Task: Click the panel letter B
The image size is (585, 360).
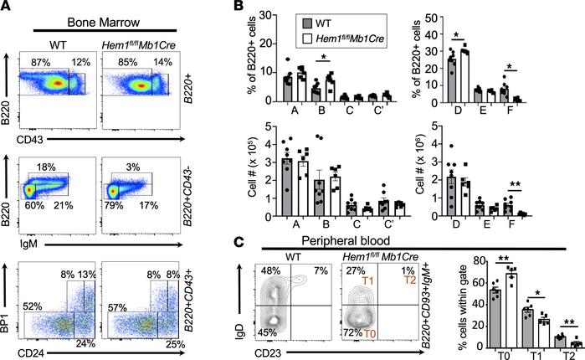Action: (240, 8)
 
